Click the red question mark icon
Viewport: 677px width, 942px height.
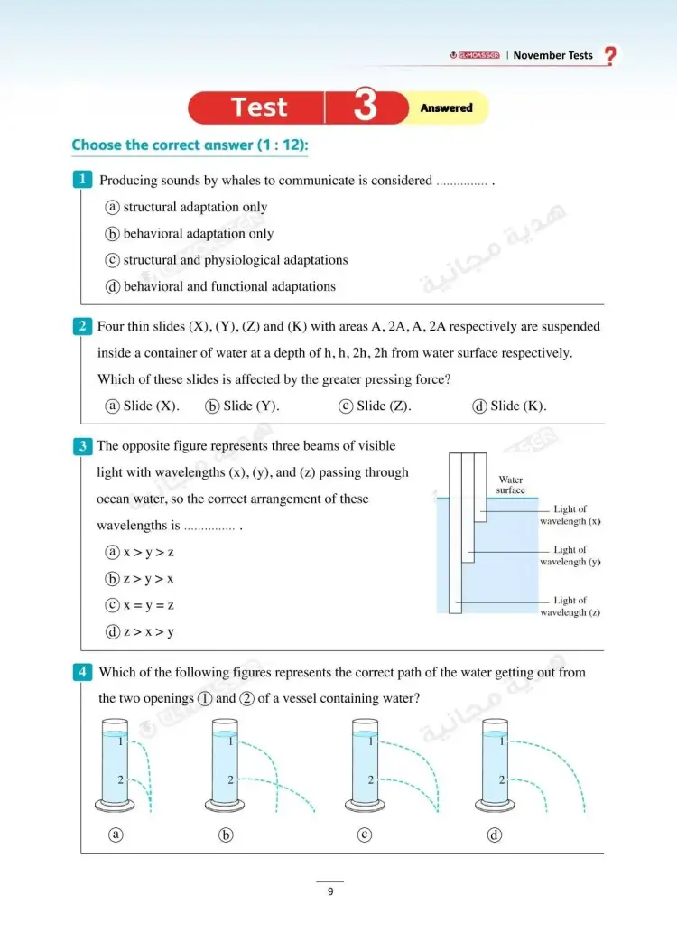pos(611,56)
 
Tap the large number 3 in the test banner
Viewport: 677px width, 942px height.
pos(365,107)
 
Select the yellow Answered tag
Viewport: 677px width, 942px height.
pos(446,108)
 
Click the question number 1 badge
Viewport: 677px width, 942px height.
pos(82,180)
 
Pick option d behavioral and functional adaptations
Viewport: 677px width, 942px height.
pos(220,287)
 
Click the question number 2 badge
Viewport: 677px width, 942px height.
pos(82,326)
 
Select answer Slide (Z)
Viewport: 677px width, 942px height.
pos(376,406)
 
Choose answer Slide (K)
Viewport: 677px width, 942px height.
pos(510,406)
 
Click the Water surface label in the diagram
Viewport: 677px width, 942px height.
pos(510,485)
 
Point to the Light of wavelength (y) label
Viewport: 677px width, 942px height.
pos(570,555)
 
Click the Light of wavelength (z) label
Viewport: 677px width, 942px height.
pos(570,606)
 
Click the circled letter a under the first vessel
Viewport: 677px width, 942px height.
pos(115,835)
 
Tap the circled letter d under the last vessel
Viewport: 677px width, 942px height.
pos(494,835)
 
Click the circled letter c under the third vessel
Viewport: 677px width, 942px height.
pos(365,835)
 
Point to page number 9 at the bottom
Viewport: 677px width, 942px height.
pos(330,892)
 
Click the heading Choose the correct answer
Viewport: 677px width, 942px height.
pos(196,145)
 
